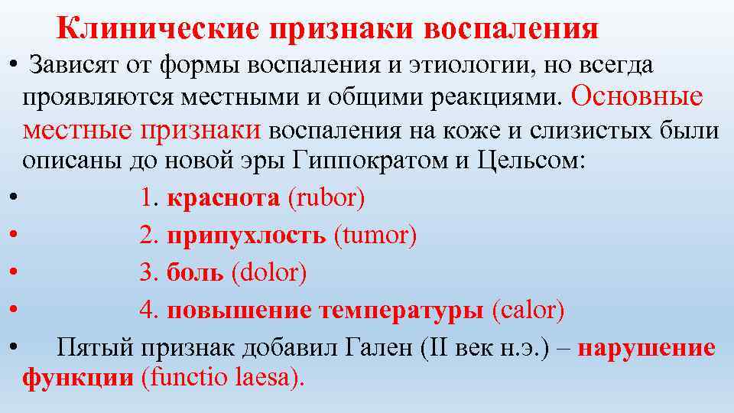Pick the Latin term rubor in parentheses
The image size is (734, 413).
pyautogui.click(x=326, y=199)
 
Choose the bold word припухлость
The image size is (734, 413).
pyautogui.click(x=246, y=236)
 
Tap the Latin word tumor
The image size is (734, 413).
pyautogui.click(x=375, y=236)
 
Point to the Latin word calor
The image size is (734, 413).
pyautogui.click(x=528, y=311)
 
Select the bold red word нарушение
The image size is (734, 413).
pyautogui.click(x=647, y=348)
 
